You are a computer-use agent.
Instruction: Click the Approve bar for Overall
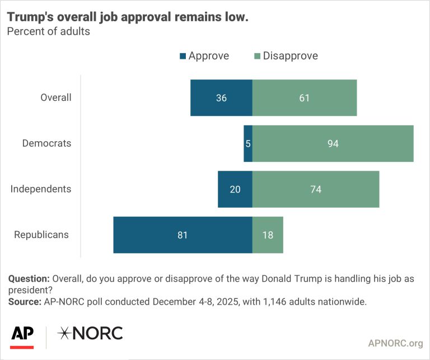(x=221, y=98)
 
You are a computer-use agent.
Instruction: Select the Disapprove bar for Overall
(x=305, y=98)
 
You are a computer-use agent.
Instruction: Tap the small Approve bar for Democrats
(x=248, y=143)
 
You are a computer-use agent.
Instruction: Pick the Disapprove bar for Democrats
(x=333, y=143)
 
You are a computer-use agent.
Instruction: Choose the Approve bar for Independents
(x=235, y=189)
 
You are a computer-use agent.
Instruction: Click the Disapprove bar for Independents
(x=316, y=189)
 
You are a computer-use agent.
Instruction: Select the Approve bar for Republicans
(x=183, y=235)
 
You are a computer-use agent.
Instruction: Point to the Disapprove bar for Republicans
(x=268, y=235)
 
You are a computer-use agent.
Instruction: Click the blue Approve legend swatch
(x=183, y=56)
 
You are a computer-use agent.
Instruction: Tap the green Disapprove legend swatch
(x=257, y=56)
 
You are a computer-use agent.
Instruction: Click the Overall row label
(x=56, y=97)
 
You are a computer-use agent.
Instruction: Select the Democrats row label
(x=47, y=143)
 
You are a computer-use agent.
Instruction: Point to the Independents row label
(x=41, y=189)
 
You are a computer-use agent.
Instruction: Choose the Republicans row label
(x=41, y=235)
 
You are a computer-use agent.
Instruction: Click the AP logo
(x=22, y=335)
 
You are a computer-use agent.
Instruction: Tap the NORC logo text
(x=90, y=334)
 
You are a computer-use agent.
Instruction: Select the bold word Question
(x=28, y=279)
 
